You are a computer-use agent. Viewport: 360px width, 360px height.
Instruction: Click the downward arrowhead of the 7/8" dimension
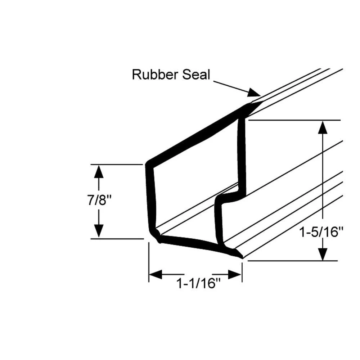click(98, 230)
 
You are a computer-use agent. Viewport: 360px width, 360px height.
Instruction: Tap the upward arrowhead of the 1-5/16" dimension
click(323, 128)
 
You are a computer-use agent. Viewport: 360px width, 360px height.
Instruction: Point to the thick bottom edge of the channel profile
click(194, 243)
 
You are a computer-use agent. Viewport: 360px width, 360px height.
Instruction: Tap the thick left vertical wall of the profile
click(149, 198)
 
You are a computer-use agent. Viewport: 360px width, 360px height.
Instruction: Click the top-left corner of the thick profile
click(148, 164)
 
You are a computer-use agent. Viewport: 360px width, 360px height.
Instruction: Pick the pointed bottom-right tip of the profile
click(240, 256)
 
